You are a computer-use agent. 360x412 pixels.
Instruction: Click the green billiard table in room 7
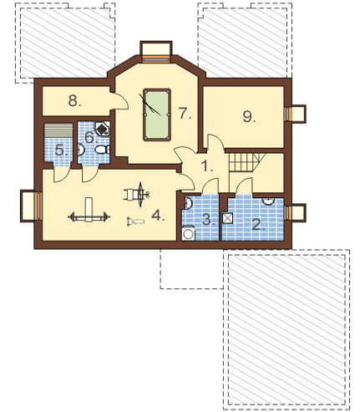[157, 114]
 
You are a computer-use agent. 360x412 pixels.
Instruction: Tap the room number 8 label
[74, 101]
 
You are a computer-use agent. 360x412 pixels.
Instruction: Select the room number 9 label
[249, 116]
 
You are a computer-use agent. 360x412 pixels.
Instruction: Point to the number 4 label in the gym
[158, 216]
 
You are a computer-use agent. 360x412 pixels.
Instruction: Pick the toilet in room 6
[102, 150]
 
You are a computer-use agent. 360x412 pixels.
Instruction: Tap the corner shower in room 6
[103, 129]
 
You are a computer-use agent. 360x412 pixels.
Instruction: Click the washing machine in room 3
[188, 233]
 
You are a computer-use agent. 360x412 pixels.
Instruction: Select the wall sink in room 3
[188, 203]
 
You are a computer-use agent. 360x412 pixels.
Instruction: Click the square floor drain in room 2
[227, 218]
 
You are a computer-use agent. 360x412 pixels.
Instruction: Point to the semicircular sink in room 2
[268, 201]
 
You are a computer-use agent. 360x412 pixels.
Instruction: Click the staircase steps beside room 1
[245, 163]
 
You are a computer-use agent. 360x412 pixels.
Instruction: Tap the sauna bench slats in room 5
[58, 130]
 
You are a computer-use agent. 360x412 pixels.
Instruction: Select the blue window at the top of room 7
[156, 58]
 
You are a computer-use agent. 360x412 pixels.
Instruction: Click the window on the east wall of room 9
[288, 114]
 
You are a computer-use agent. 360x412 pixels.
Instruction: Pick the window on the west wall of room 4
[38, 206]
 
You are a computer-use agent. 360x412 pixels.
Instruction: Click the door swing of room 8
[121, 102]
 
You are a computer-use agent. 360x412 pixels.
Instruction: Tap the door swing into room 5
[61, 175]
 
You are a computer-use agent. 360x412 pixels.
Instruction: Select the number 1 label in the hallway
[207, 166]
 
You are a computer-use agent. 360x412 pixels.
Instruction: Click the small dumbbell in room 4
[135, 221]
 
